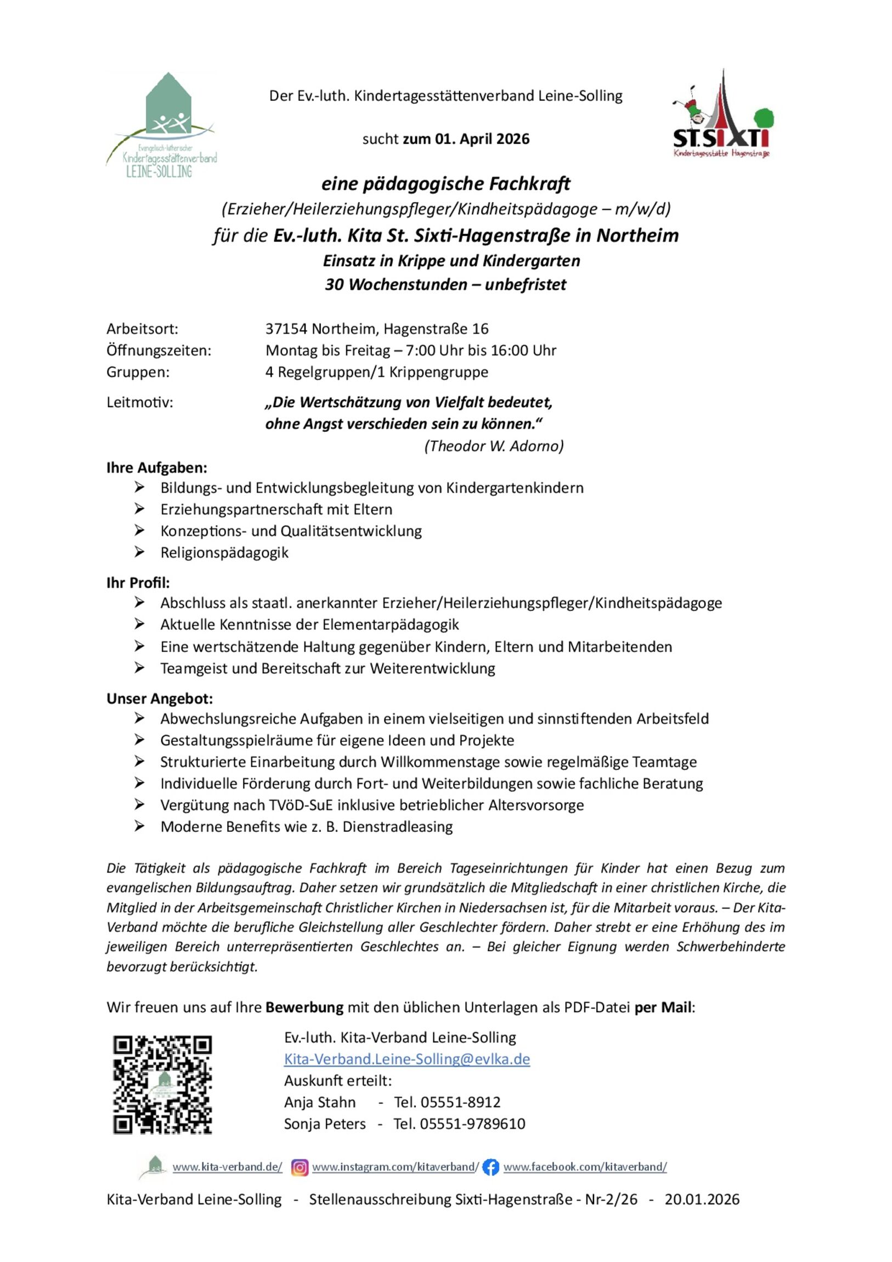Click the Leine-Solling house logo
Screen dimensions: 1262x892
pyautogui.click(x=162, y=124)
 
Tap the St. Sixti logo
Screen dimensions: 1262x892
pyautogui.click(x=722, y=115)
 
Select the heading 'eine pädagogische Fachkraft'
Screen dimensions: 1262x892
pyautogui.click(x=445, y=184)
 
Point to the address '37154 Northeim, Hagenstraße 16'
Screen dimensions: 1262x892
pyautogui.click(x=377, y=329)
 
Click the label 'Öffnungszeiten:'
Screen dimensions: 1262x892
pyautogui.click(x=159, y=351)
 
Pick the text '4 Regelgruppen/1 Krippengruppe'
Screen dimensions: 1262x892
pyautogui.click(x=377, y=372)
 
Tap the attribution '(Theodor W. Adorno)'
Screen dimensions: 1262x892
pyautogui.click(x=494, y=446)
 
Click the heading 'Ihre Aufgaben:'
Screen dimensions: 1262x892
pyautogui.click(x=157, y=467)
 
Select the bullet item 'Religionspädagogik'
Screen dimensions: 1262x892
pyautogui.click(x=224, y=553)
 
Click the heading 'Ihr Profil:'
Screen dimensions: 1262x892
pyautogui.click(x=138, y=583)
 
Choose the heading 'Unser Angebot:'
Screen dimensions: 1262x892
pyautogui.click(x=160, y=698)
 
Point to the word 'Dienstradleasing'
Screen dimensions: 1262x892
pyautogui.click(x=397, y=827)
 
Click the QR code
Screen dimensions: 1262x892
pyautogui.click(x=162, y=1084)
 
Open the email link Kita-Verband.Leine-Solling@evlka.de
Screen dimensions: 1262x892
pyautogui.click(x=407, y=1059)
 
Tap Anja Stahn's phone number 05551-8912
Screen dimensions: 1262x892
pyautogui.click(x=461, y=1102)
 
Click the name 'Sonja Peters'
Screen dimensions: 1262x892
pyautogui.click(x=325, y=1124)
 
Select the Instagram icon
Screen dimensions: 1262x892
pyautogui.click(x=300, y=1167)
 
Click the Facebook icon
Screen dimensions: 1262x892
pyautogui.click(x=491, y=1167)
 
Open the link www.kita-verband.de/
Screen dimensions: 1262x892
pyautogui.click(x=227, y=1167)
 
